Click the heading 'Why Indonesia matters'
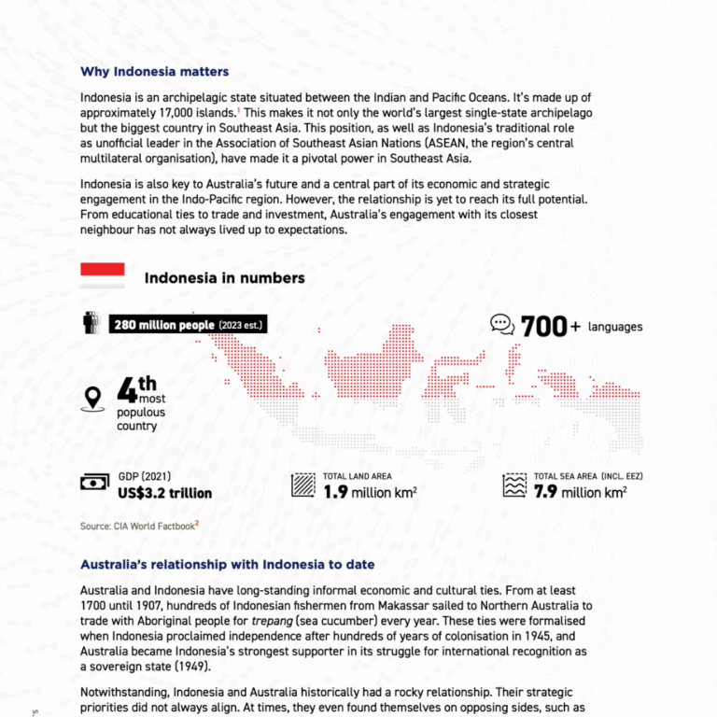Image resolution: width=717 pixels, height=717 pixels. click(154, 72)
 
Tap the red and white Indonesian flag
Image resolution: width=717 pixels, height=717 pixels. click(103, 273)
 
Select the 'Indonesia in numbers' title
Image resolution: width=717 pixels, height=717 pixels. click(224, 278)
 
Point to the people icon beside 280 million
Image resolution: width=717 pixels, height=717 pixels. click(91, 323)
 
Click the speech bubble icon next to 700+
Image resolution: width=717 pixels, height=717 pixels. click(502, 324)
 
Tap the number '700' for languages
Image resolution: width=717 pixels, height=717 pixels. click(544, 327)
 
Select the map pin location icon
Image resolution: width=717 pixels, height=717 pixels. click(92, 398)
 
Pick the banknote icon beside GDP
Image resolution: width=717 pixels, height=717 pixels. click(94, 483)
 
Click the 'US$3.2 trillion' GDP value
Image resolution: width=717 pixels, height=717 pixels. click(164, 493)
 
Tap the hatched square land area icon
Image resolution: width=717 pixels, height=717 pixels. click(303, 485)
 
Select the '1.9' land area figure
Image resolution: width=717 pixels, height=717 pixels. click(335, 492)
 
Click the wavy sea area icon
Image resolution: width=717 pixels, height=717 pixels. click(514, 485)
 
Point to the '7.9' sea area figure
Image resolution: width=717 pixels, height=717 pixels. click(545, 492)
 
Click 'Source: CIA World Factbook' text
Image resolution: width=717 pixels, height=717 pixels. click(138, 527)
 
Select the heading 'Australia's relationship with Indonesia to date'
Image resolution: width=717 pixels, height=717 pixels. click(228, 565)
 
